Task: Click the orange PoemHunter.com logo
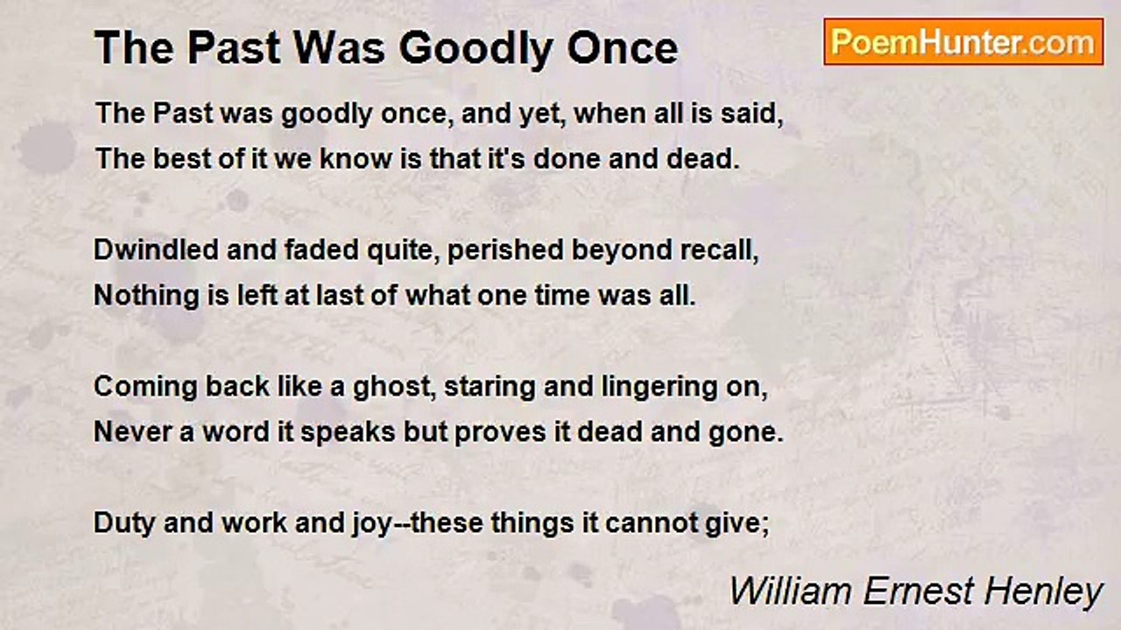coord(963,42)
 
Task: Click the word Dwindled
coord(156,249)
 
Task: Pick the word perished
coord(505,250)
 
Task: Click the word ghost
coord(394,388)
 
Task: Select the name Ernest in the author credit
coord(919,591)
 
